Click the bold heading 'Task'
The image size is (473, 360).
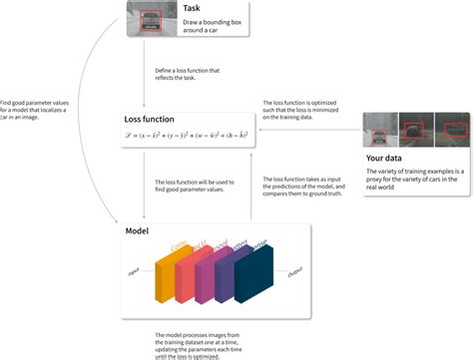194,9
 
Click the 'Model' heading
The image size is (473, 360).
138,230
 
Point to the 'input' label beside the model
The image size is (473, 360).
132,270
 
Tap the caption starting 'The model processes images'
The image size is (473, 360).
198,343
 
